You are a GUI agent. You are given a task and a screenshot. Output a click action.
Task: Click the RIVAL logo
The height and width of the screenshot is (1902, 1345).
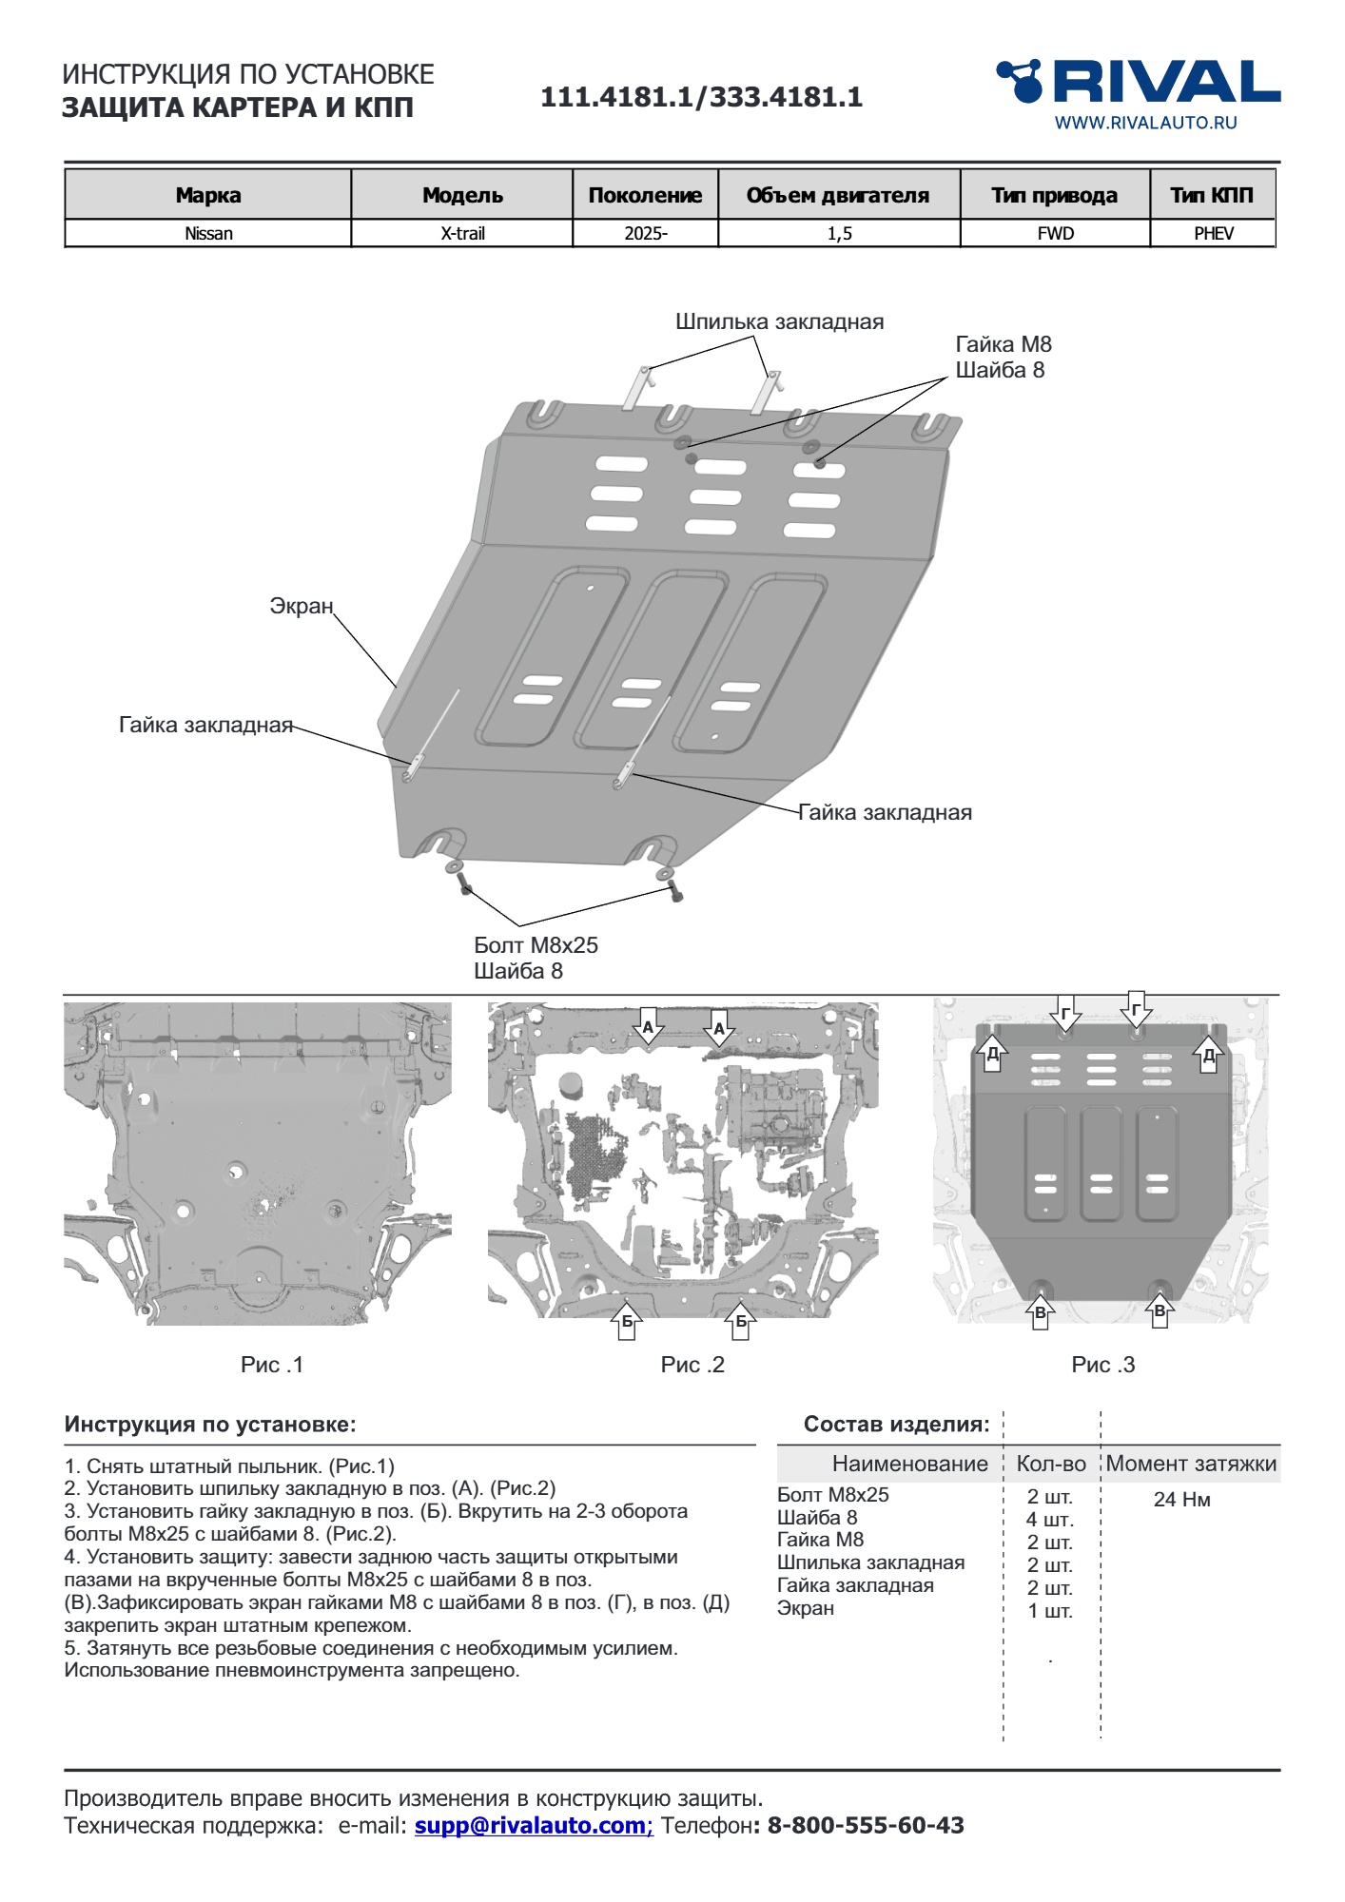(x=1139, y=82)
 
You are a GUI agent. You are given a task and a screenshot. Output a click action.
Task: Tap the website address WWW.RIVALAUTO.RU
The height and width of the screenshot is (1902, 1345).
(x=1145, y=123)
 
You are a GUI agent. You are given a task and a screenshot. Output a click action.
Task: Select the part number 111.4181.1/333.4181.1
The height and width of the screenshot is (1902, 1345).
(x=701, y=97)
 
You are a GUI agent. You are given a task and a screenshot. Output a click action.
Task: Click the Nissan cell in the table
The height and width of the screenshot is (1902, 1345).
(x=208, y=234)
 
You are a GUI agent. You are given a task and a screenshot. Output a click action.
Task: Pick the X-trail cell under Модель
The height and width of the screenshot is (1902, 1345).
(x=462, y=234)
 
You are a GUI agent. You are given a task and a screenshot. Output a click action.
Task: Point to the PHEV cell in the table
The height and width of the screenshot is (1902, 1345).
(x=1213, y=234)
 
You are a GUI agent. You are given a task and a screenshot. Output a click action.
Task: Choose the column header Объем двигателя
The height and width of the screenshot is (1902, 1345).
(x=838, y=196)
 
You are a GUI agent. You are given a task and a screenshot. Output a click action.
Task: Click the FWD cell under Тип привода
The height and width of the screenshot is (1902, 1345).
(x=1055, y=234)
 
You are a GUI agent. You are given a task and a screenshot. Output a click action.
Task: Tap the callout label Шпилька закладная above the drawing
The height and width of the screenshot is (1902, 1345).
(x=779, y=321)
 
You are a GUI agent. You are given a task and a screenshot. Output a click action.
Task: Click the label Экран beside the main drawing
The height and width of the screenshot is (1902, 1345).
(x=302, y=606)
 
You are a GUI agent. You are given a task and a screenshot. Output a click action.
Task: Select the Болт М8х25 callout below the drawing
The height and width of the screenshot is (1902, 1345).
(x=536, y=945)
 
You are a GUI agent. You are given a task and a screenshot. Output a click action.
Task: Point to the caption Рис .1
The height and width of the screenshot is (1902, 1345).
(x=272, y=1365)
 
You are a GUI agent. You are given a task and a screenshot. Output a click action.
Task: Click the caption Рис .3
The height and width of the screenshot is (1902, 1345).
(x=1102, y=1365)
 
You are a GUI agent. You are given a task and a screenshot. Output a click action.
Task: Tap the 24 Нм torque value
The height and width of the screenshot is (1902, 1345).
(x=1181, y=1500)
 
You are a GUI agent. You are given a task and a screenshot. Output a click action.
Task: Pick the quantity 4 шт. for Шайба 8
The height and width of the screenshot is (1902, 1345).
(x=1049, y=1520)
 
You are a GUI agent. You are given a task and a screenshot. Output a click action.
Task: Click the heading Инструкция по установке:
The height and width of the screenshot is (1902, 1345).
(x=210, y=1425)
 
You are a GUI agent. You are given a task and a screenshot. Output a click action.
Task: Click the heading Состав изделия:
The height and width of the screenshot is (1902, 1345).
(x=896, y=1425)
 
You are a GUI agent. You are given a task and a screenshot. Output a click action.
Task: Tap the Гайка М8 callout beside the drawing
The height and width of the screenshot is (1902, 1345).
(x=1004, y=344)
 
